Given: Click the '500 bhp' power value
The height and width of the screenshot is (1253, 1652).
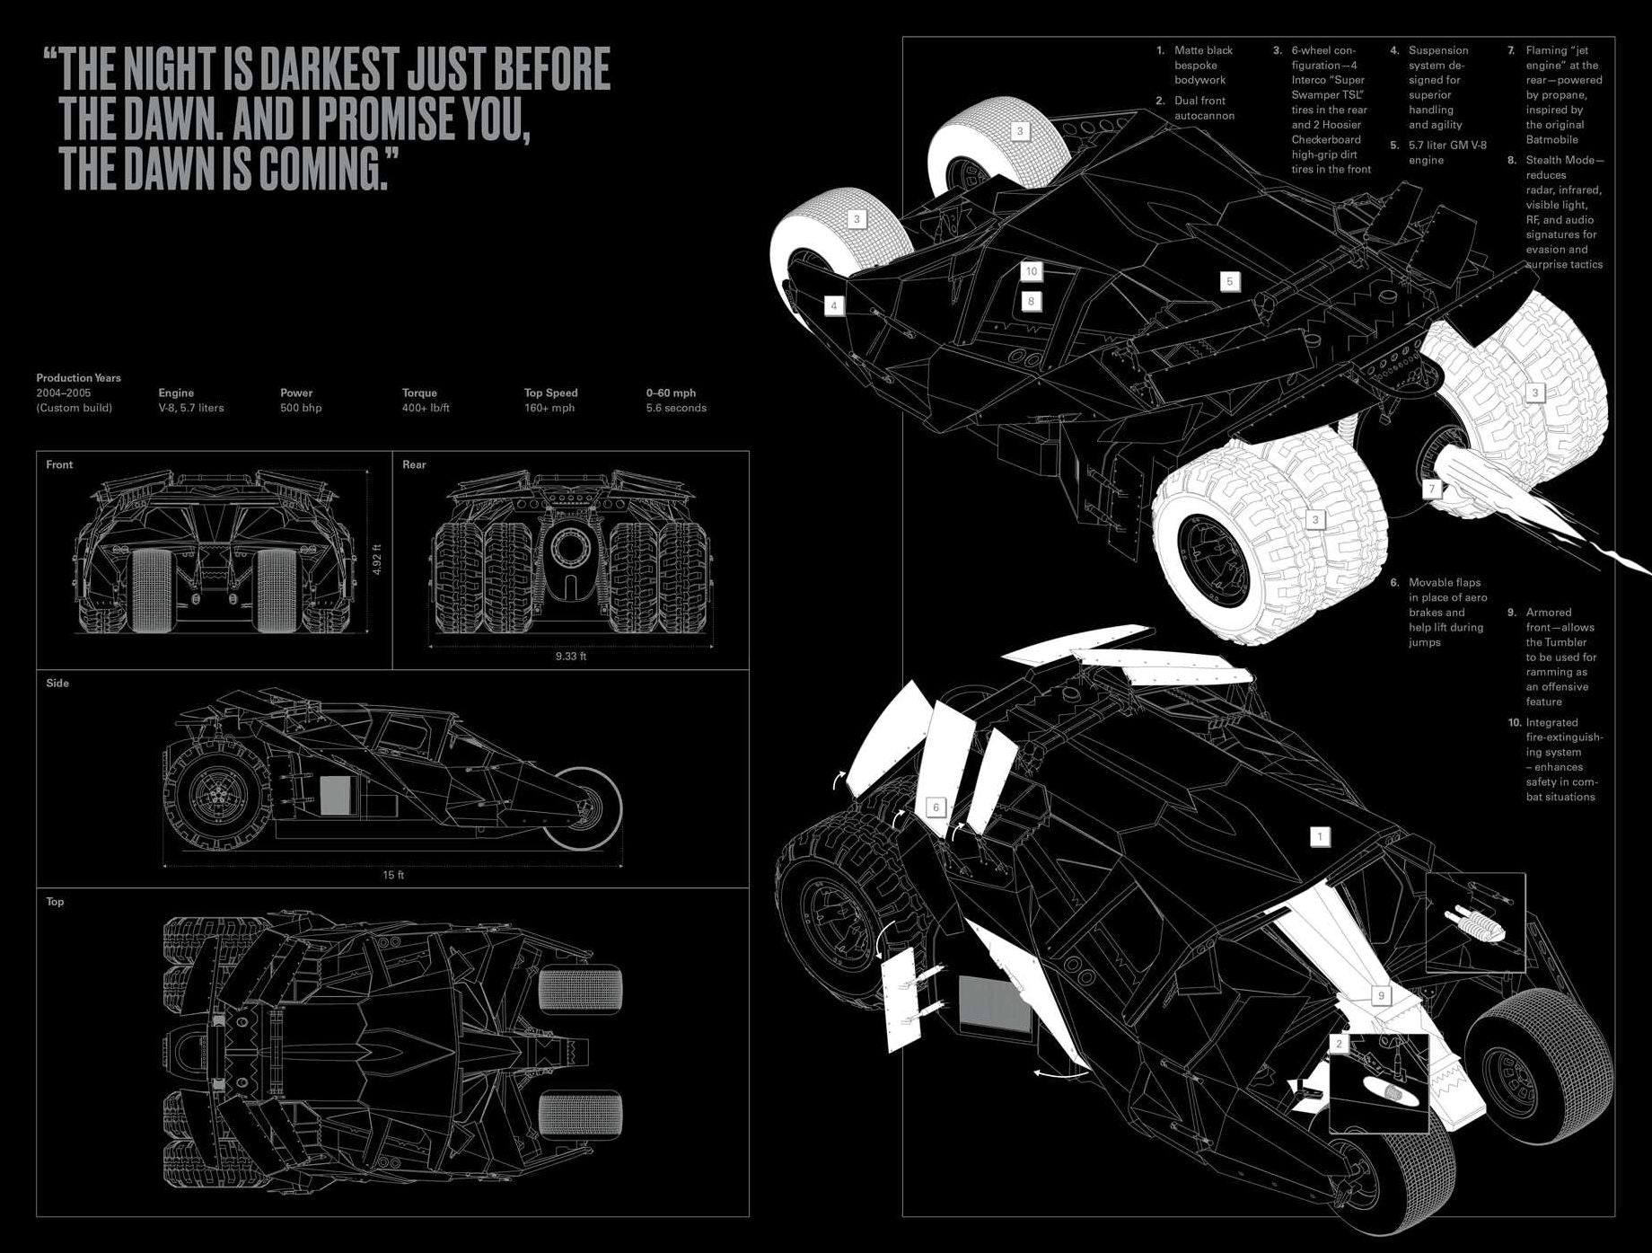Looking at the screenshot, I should click(301, 408).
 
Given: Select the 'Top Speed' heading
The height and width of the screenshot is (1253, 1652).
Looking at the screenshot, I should click(550, 393).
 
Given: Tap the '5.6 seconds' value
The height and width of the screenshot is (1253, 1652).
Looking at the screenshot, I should click(676, 408).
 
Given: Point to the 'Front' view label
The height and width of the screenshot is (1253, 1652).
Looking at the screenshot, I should click(59, 464).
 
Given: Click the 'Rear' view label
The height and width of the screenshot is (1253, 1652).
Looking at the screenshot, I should click(414, 464).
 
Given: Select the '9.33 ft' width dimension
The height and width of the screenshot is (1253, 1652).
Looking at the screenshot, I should click(570, 656).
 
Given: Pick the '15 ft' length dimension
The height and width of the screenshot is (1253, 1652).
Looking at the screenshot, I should click(393, 875).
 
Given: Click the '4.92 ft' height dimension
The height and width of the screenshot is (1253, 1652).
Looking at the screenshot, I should click(378, 560).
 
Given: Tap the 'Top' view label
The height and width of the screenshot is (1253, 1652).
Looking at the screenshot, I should click(55, 902).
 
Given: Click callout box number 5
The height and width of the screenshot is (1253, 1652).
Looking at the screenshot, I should click(1230, 281).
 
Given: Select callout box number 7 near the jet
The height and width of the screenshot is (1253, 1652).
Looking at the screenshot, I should click(1432, 489).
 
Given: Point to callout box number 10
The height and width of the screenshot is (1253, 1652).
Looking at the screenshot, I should click(1032, 271).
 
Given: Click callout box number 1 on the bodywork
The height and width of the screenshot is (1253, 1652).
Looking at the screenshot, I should click(1320, 837).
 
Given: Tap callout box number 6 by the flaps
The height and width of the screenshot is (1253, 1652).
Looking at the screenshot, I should click(936, 807).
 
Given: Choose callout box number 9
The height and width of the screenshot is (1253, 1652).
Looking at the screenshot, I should click(1381, 995).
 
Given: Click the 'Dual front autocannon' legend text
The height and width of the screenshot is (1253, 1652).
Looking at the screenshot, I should click(1203, 108).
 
